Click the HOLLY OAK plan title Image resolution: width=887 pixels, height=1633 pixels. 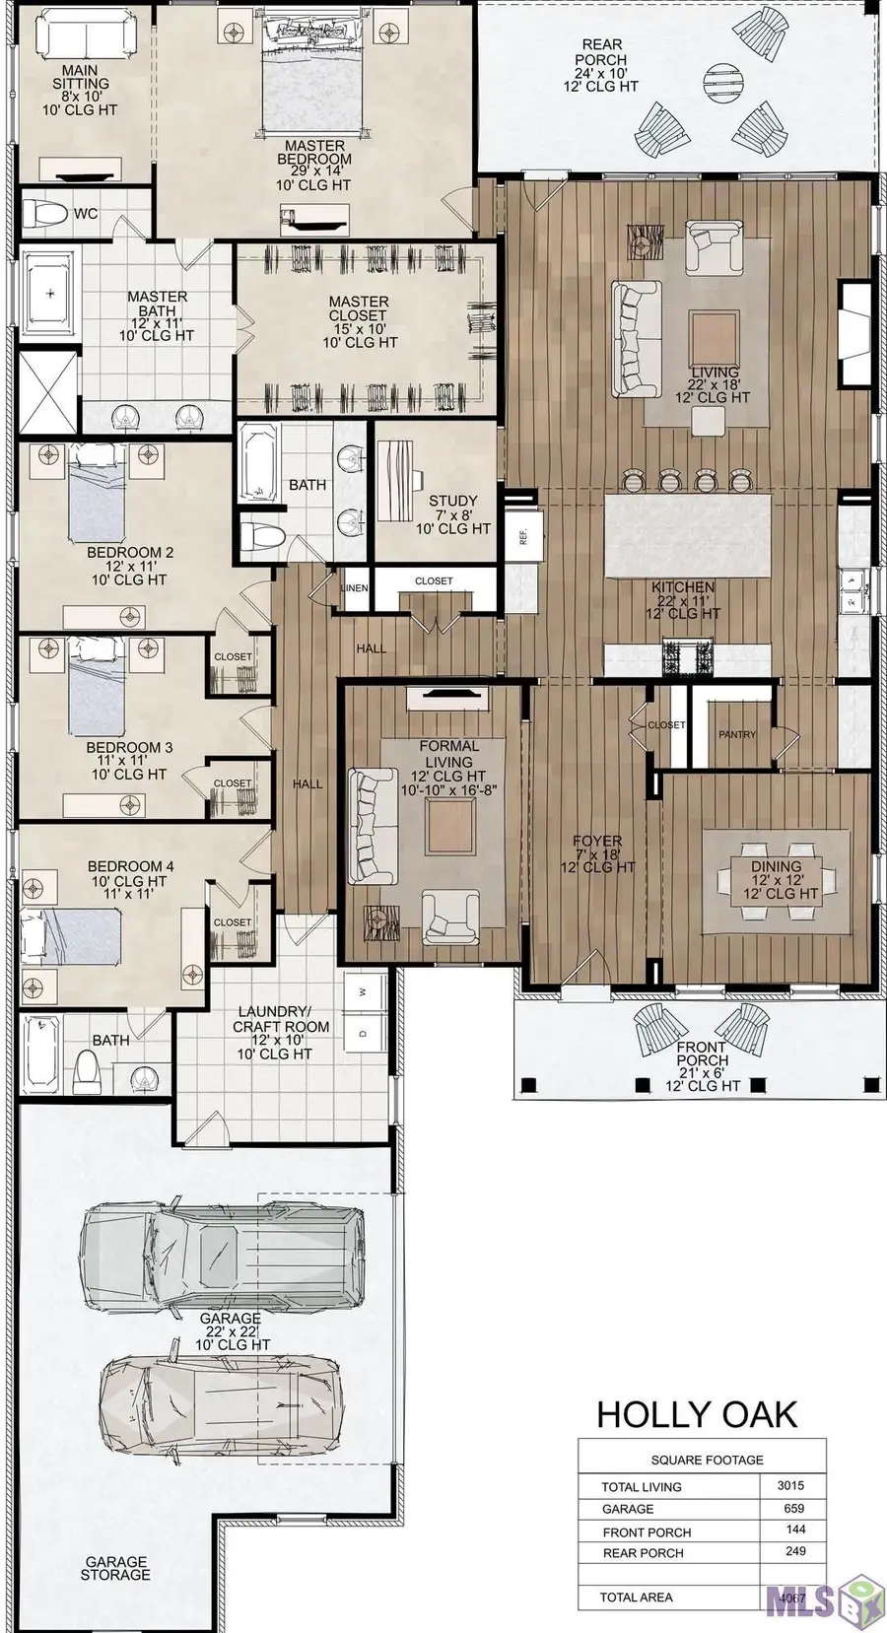click(x=696, y=1414)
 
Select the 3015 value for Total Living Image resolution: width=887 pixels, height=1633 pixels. click(x=790, y=1485)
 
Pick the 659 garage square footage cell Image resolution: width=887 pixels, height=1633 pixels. click(x=793, y=1508)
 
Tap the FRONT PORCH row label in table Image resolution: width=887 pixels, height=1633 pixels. click(x=647, y=1532)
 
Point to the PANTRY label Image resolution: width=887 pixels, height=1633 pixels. click(x=737, y=734)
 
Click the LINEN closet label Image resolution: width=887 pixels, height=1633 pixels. click(x=354, y=588)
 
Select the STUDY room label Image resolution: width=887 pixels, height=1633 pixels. click(x=452, y=501)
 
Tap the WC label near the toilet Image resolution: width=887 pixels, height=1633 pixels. click(x=86, y=214)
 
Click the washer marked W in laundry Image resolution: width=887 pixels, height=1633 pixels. click(x=363, y=992)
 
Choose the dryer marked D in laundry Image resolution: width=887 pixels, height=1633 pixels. click(x=363, y=1033)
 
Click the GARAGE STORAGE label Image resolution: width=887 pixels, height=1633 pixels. click(x=116, y=1568)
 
